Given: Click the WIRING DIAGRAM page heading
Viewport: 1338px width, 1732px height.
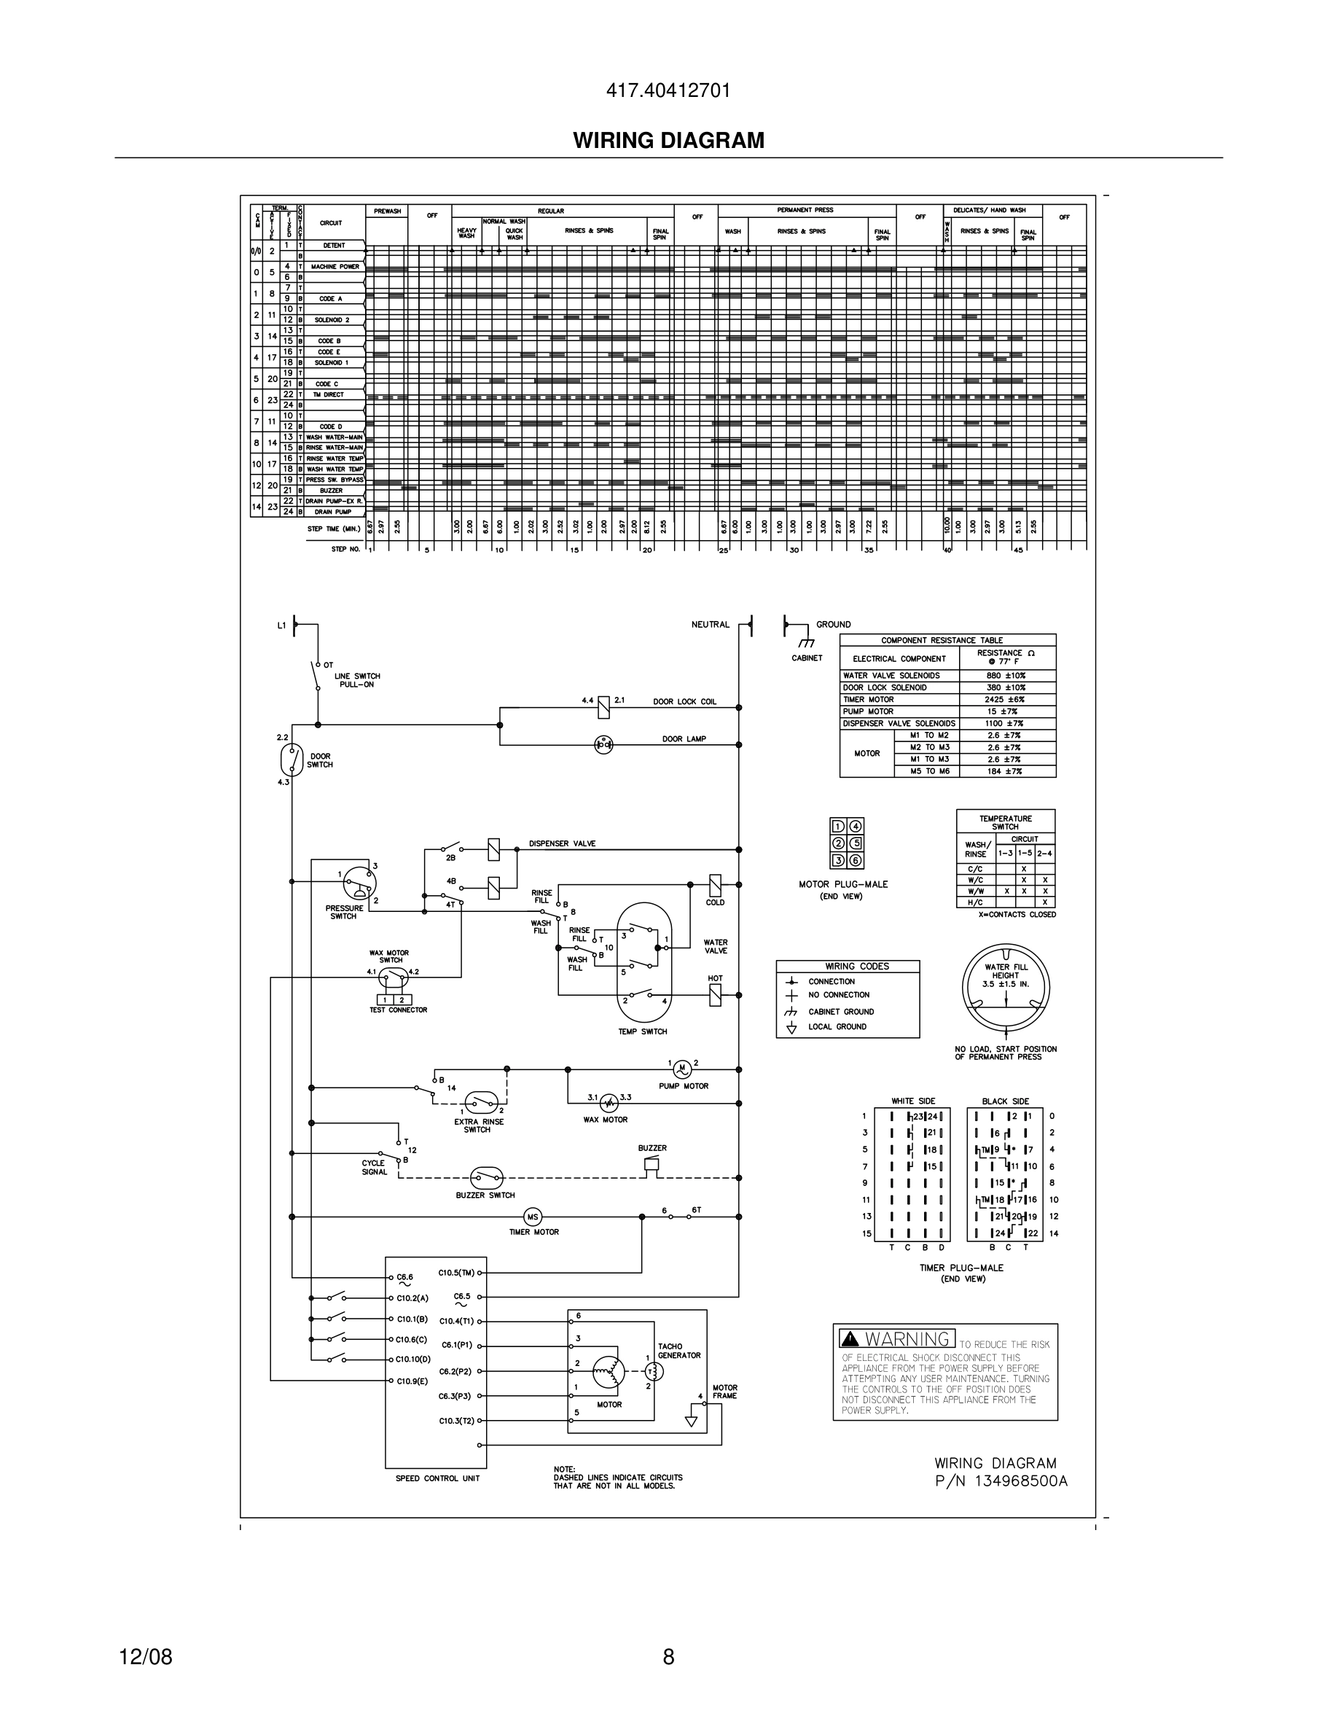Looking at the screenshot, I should pyautogui.click(x=668, y=141).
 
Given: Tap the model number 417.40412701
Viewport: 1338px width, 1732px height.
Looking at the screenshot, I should pyautogui.click(x=668, y=91).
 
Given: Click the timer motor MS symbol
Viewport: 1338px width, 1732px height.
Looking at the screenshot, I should pyautogui.click(x=532, y=1217).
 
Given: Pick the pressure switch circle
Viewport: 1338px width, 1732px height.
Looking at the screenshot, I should pyautogui.click(x=360, y=883).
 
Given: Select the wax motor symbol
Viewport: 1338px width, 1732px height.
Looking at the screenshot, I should pyautogui.click(x=608, y=1102).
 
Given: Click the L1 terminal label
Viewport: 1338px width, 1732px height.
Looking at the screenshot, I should pyautogui.click(x=281, y=625).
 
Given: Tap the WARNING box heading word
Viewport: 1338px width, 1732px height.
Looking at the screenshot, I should pyautogui.click(x=907, y=1339).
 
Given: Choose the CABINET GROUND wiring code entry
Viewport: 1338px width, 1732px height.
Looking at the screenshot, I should pyautogui.click(x=840, y=1012).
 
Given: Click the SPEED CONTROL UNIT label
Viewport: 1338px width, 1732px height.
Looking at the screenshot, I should pyautogui.click(x=437, y=1479).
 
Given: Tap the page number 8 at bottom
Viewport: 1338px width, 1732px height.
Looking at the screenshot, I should pyautogui.click(x=668, y=1656).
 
